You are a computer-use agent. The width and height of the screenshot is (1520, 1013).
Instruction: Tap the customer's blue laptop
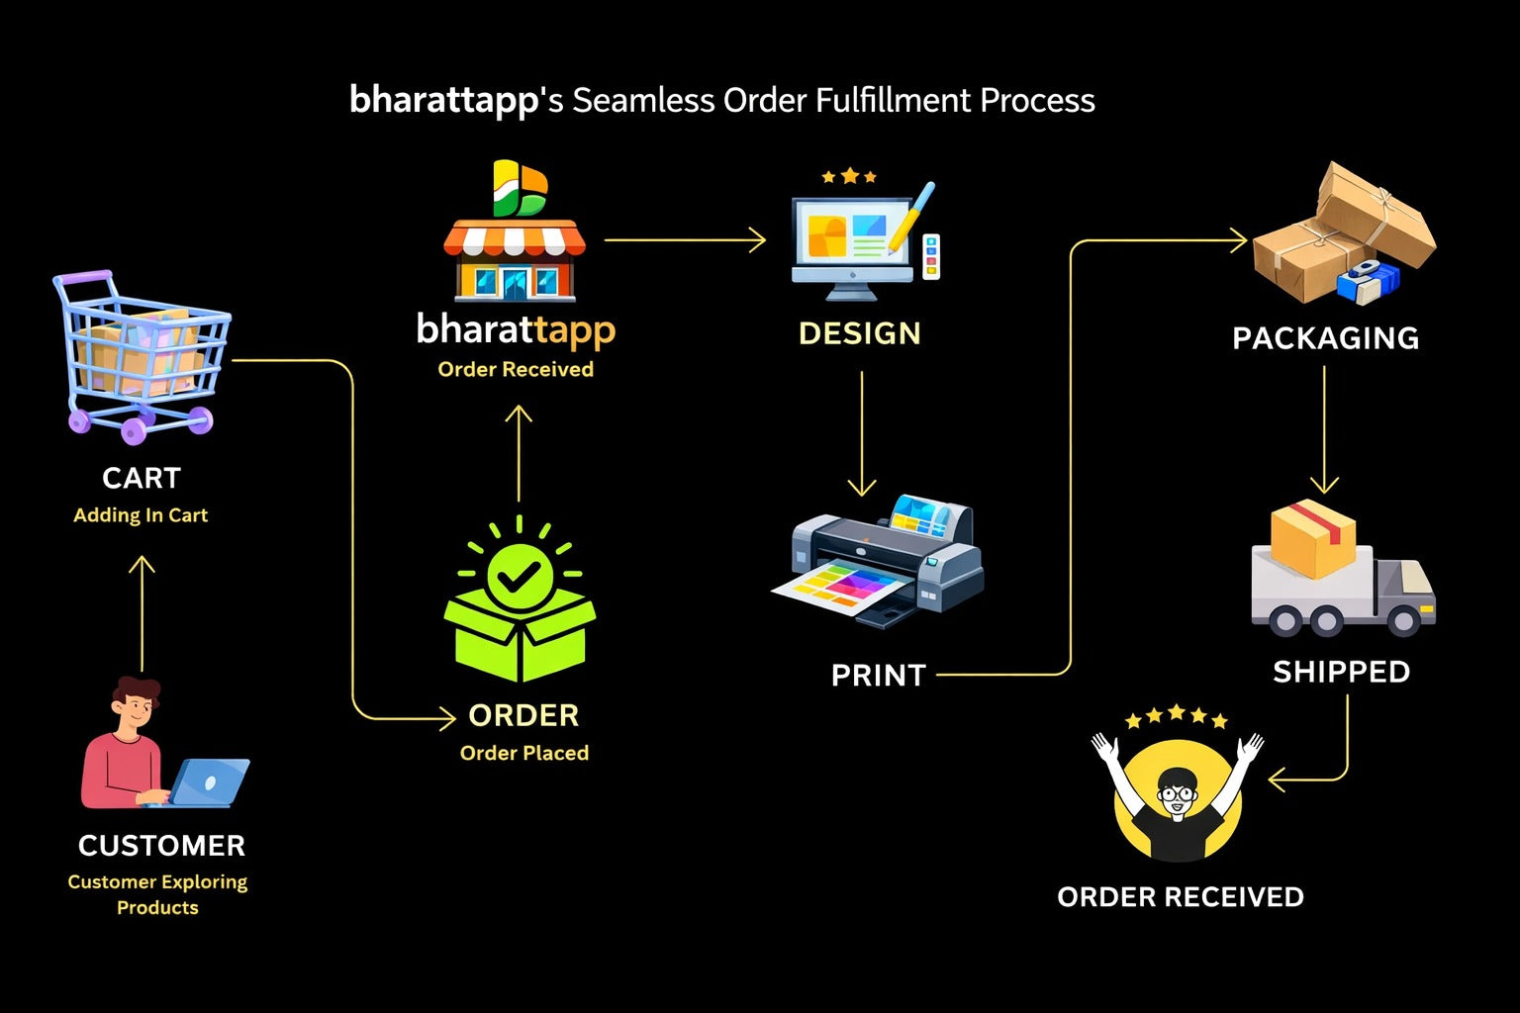pos(210,781)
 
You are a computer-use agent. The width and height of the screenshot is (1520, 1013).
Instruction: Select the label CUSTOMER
pos(161,846)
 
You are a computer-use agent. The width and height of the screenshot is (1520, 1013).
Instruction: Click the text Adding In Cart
pos(141,515)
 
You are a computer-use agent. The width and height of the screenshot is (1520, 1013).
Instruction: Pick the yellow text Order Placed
pos(524,753)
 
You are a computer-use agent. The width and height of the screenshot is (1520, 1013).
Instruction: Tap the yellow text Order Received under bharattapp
pos(516,370)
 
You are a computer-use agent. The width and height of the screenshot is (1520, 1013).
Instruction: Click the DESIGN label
pos(859,333)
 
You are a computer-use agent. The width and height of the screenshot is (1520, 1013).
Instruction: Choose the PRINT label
pos(878,676)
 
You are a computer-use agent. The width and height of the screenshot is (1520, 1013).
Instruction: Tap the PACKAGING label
pos(1325,338)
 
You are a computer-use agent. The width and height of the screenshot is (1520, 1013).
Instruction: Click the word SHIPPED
pos(1341,673)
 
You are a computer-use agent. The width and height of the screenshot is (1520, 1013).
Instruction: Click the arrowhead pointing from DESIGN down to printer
pos(862,488)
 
